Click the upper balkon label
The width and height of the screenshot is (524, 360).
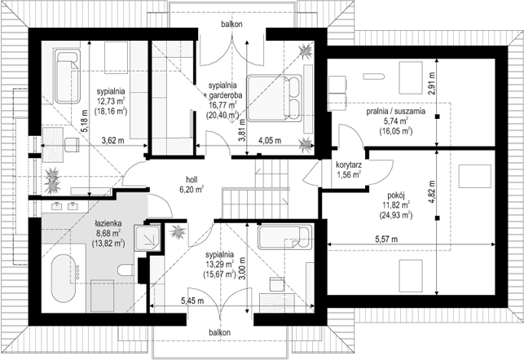tap(231, 24)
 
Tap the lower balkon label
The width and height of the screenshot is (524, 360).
tap(219, 332)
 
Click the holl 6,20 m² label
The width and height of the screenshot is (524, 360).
tap(192, 183)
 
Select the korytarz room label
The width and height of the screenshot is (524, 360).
tap(349, 165)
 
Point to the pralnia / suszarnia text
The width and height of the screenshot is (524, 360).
tap(396, 112)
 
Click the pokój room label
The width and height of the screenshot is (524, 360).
tap(396, 195)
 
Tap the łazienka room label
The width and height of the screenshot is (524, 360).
tap(108, 223)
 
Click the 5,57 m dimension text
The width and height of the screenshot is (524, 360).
tap(386, 239)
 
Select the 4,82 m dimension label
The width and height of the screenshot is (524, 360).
tap(433, 192)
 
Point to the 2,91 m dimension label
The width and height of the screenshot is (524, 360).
tap(432, 84)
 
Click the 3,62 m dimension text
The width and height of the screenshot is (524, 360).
tap(112, 140)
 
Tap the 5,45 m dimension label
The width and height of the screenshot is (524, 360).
tap(192, 301)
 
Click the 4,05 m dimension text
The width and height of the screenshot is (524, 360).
tap(270, 140)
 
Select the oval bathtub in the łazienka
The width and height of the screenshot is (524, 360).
tap(64, 279)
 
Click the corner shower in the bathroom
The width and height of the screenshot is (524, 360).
tap(148, 238)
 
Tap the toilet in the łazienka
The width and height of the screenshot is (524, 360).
tap(125, 270)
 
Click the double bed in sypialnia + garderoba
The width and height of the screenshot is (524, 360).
tap(274, 98)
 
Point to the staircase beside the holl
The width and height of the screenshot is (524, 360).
tap(255, 189)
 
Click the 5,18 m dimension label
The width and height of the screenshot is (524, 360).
tap(85, 121)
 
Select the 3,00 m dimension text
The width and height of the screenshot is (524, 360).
tap(243, 268)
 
